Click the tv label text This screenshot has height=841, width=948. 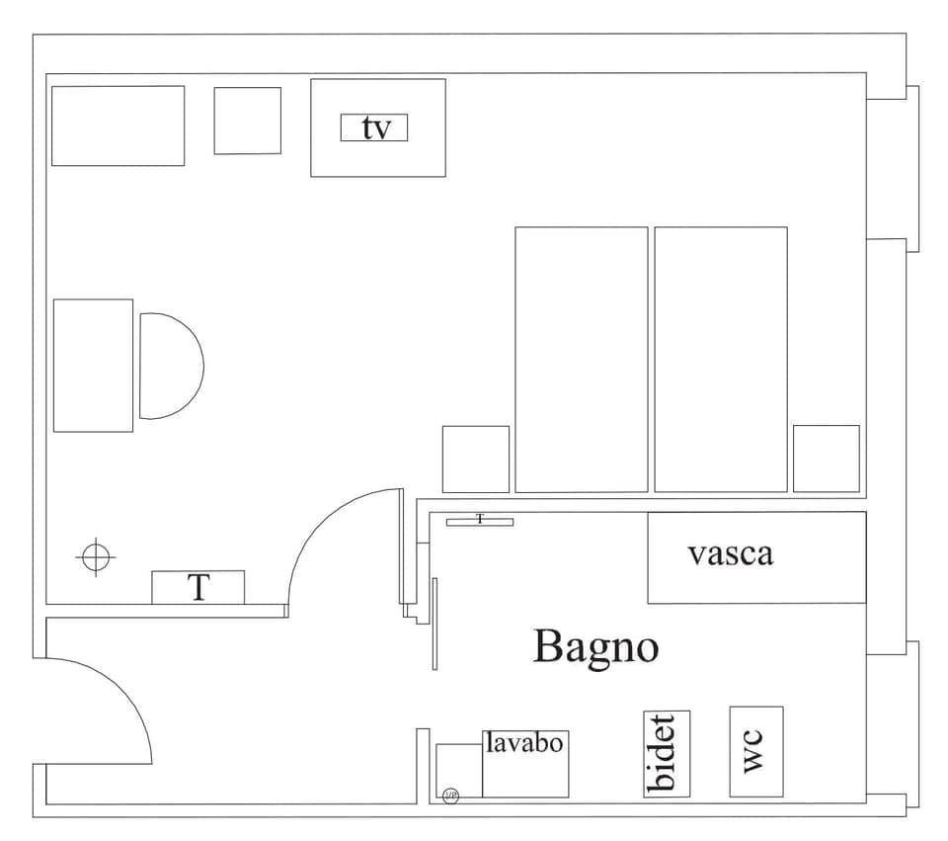[x=374, y=128]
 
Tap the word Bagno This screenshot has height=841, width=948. [x=595, y=647]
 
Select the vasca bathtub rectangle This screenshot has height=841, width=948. [x=756, y=557]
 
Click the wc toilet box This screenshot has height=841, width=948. [x=755, y=751]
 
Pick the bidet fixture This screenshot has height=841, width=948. [x=666, y=753]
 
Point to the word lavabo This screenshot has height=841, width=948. [x=524, y=742]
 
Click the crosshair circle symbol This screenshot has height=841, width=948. [x=95, y=556]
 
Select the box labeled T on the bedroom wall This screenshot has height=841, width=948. [x=197, y=587]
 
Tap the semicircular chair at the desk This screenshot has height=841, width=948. [x=168, y=366]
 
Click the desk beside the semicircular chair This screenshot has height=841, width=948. [x=93, y=366]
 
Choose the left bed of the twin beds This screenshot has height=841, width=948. [x=581, y=360]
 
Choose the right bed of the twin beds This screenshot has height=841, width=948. [x=720, y=360]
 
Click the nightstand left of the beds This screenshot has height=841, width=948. [x=475, y=459]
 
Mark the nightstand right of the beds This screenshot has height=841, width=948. [x=826, y=459]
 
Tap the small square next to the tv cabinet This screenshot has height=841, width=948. [x=247, y=121]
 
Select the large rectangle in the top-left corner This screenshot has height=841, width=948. [x=118, y=126]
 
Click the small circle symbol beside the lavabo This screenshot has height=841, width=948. [x=450, y=795]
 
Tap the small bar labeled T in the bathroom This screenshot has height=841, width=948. [x=479, y=521]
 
